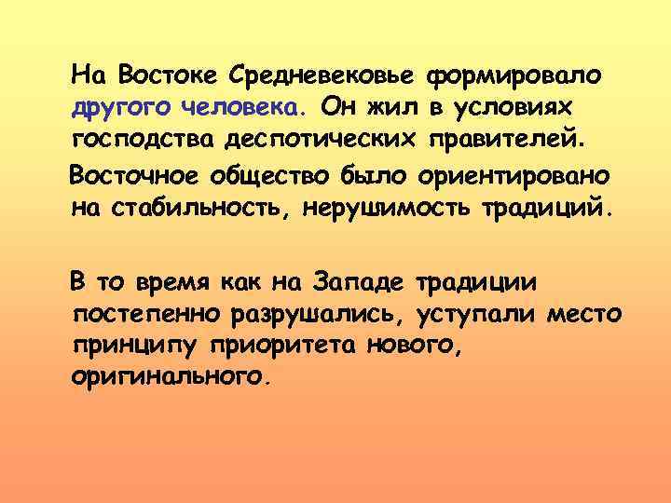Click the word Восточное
click(x=144, y=174)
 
